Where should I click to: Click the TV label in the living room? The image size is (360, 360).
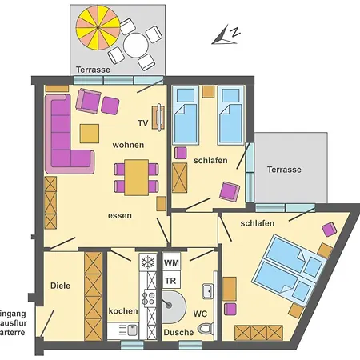[x=142, y=123]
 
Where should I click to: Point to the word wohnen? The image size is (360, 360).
[x=128, y=145]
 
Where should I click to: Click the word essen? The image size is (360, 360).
[x=120, y=215]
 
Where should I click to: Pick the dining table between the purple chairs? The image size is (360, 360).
[x=137, y=177]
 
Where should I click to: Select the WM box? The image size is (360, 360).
[x=171, y=262]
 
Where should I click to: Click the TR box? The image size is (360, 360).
[x=170, y=281]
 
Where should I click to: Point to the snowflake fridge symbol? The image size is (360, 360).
[x=147, y=262]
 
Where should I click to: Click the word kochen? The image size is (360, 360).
[x=124, y=310]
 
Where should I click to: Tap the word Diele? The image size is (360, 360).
[x=60, y=285]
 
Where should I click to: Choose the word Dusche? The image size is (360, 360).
[x=178, y=332]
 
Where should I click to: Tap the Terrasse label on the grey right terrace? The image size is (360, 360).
[x=284, y=170]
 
